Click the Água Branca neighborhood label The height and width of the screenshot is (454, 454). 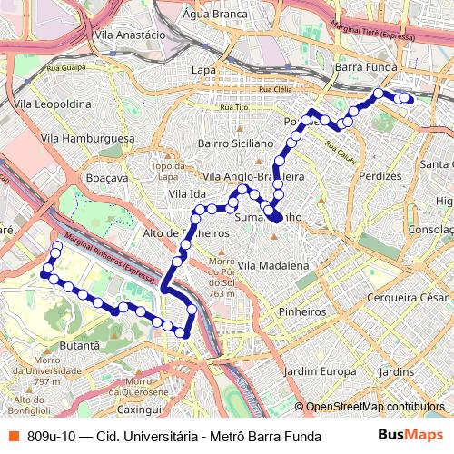(216, 15)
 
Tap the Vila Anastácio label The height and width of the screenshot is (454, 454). (130, 35)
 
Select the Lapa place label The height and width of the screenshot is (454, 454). (203, 69)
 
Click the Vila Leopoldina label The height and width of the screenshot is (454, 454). (79, 104)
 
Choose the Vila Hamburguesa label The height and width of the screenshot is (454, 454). (88, 138)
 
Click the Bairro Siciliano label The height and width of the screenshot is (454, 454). (235, 143)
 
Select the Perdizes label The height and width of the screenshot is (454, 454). (380, 174)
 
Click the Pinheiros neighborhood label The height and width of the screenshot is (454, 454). (303, 311)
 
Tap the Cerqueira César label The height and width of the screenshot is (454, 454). (408, 297)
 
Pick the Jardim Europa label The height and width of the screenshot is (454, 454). (320, 371)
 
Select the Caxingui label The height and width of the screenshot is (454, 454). (139, 385)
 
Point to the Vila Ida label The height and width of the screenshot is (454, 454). (187, 194)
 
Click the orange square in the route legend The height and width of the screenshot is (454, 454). (14, 437)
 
